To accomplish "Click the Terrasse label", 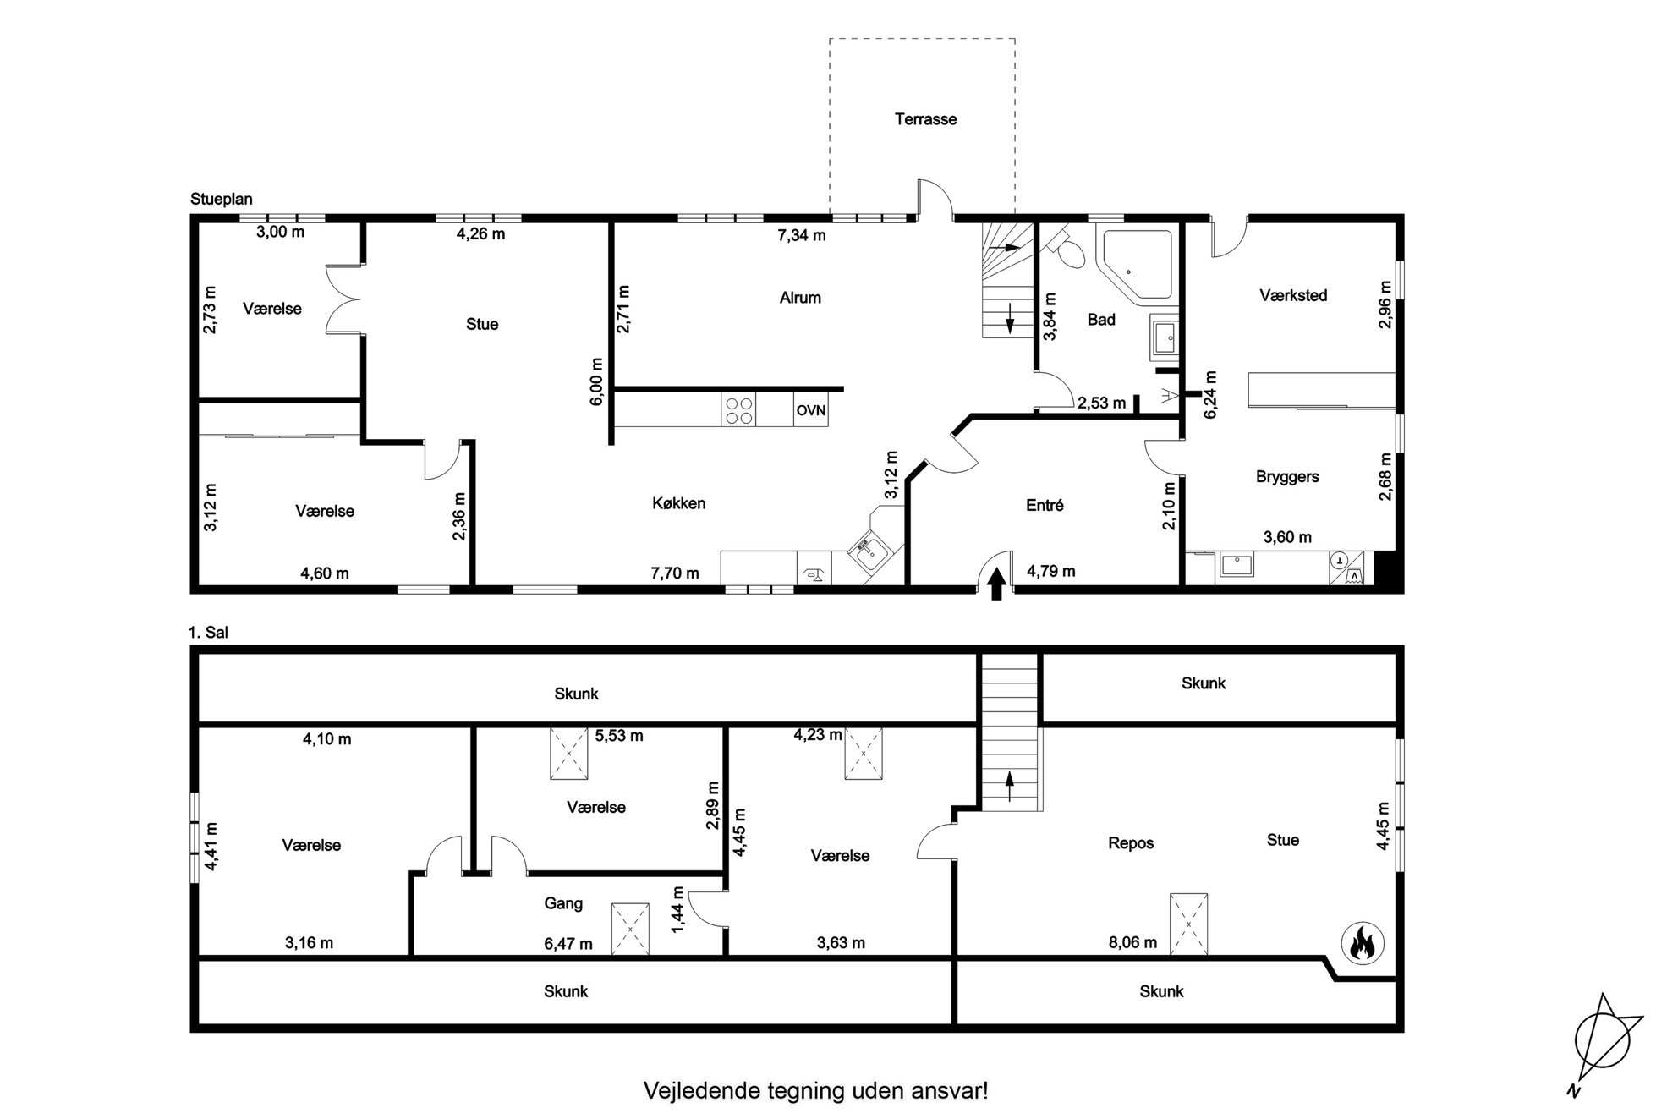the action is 925,119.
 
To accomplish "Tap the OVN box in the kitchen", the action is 810,411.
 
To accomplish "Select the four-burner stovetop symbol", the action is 738,410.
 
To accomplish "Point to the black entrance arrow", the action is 996,584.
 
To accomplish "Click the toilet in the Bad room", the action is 1067,248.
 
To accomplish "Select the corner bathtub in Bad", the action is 1134,264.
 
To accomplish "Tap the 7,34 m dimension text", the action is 801,235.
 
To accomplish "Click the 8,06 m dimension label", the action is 1132,942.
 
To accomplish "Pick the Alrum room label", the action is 800,298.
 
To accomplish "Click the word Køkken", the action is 678,503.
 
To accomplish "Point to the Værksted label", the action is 1293,295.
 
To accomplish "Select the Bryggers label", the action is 1287,477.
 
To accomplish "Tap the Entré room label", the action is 1045,505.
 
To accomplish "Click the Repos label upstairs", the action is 1131,843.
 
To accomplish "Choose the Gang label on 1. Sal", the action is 563,903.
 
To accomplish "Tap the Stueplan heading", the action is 222,200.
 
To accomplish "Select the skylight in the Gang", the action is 630,929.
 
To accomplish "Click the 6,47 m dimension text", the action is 568,943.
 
